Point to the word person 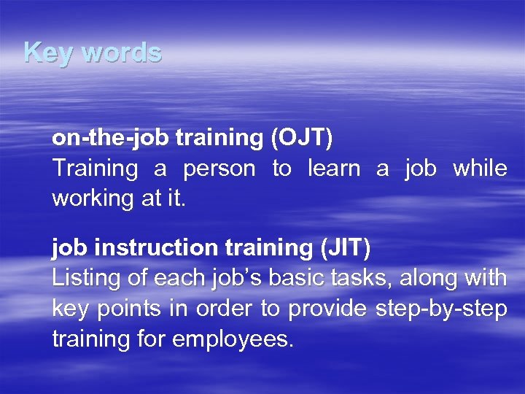219,169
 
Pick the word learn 334,169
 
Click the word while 480,169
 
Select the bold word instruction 155,249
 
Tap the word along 428,279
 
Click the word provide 327,309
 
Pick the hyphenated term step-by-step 441,309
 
